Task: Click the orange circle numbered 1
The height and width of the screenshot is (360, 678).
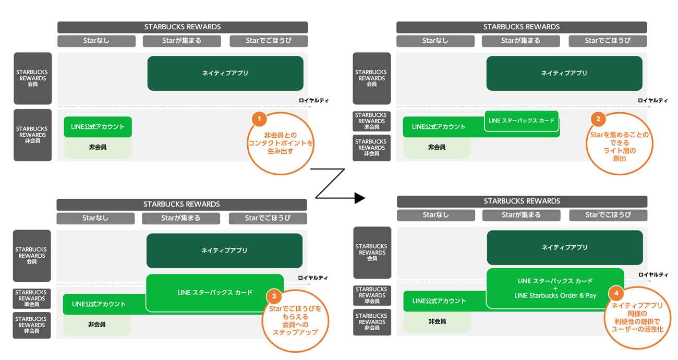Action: [x=259, y=119]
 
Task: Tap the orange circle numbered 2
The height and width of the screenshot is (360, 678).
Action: [x=598, y=119]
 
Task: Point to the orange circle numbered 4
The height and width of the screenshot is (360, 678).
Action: [x=617, y=293]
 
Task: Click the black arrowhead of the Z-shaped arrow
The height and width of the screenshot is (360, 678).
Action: [x=359, y=198]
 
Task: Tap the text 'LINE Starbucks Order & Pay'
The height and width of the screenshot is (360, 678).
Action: [x=555, y=295]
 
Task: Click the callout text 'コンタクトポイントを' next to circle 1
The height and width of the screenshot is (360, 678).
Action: [x=281, y=143]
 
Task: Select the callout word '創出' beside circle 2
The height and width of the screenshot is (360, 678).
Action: [x=620, y=159]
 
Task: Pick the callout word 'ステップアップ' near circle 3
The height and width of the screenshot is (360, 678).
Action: [x=295, y=332]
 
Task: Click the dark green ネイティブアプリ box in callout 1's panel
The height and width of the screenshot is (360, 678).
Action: [x=225, y=74]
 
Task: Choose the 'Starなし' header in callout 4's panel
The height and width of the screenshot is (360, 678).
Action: [x=435, y=215]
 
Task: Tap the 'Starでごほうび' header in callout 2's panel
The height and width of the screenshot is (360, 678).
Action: [x=608, y=41]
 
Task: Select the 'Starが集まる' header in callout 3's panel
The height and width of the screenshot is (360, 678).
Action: [x=180, y=218]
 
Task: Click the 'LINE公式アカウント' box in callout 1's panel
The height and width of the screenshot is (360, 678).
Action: [x=98, y=127]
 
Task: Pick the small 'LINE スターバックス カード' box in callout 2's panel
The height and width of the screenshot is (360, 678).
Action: [x=522, y=121]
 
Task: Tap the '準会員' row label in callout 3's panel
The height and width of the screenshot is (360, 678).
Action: [x=31, y=298]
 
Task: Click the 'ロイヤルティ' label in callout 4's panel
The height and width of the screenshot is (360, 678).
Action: [x=652, y=274]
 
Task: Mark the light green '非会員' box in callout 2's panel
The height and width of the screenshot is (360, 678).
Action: [x=437, y=148]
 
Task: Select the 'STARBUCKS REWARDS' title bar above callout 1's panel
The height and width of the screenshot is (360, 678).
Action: [x=183, y=27]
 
